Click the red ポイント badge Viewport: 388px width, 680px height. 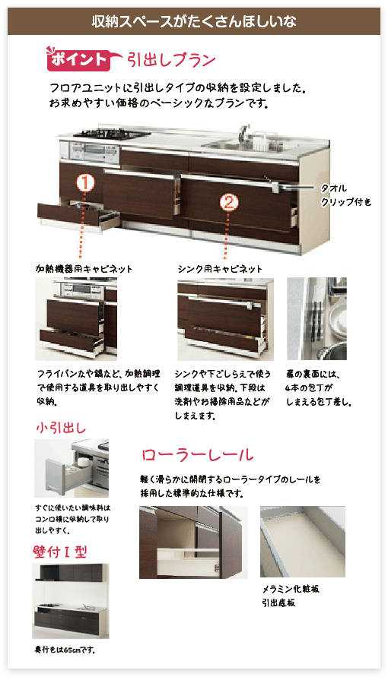78,59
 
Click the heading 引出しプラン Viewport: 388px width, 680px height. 170,59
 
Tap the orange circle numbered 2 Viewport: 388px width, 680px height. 228,201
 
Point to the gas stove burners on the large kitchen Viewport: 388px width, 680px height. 112,133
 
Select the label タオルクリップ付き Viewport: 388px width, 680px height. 346,195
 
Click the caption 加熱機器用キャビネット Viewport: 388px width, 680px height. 84,269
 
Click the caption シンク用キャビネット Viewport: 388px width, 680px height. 220,269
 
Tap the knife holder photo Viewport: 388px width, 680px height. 316,319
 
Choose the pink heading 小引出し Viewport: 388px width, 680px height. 61,429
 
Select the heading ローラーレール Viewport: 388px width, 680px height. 198,455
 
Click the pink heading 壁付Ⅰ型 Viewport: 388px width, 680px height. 60,552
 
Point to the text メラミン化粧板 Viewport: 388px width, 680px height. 291,590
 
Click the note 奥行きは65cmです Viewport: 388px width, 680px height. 65,650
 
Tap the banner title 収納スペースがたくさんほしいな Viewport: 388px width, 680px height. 194,21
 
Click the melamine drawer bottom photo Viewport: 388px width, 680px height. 302,542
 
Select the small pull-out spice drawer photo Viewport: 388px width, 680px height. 72,468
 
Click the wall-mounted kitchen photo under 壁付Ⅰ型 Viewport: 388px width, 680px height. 71,601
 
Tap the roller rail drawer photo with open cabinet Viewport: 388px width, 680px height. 193,542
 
